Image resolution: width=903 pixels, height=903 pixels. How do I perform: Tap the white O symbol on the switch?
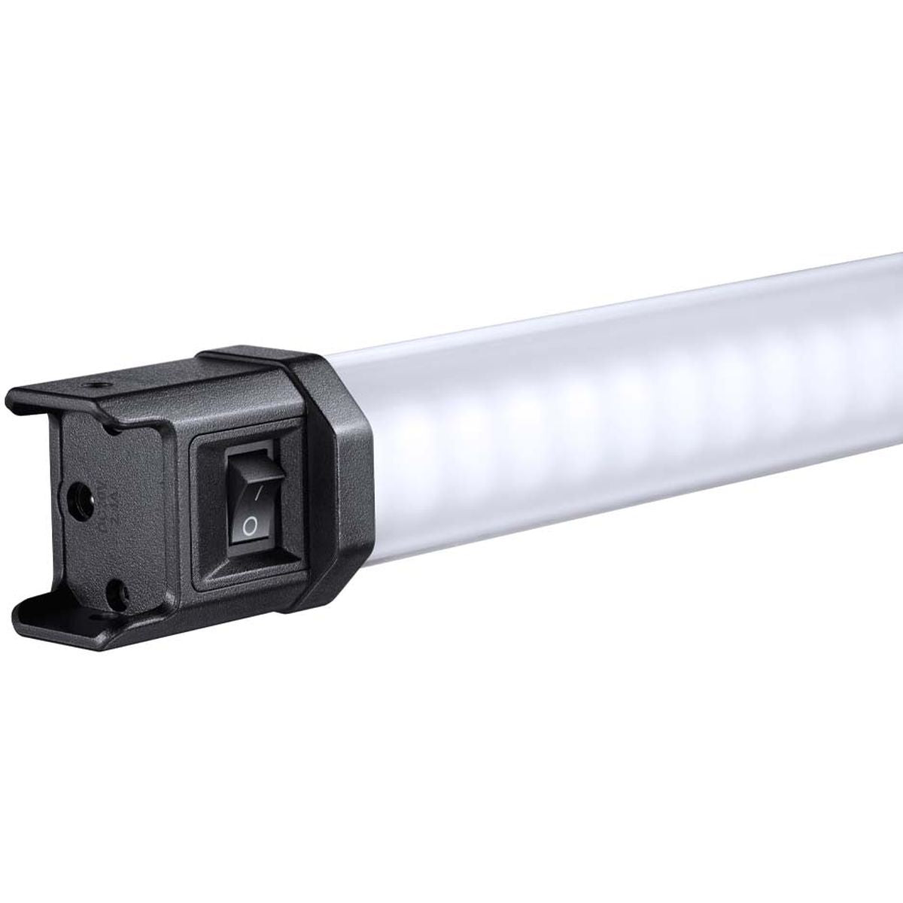click(249, 526)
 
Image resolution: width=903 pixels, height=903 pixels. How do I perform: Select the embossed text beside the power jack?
click(106, 500)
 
